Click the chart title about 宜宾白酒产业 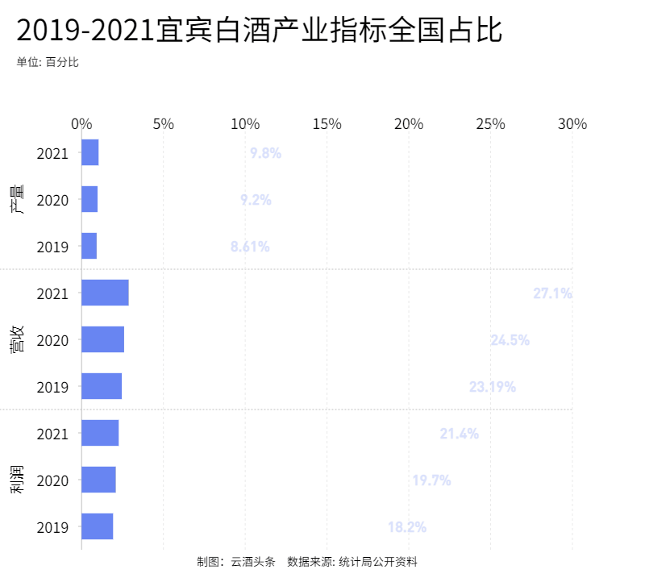(x=259, y=31)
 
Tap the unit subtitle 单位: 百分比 (x=48, y=62)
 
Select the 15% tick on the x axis (x=327, y=124)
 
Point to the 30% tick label (x=572, y=124)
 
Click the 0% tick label (x=81, y=124)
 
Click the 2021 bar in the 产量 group (x=90, y=152)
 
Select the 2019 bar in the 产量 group (x=89, y=246)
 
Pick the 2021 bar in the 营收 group (x=105, y=293)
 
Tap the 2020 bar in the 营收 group (x=102, y=339)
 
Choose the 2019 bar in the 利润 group (x=97, y=526)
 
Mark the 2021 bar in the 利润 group (x=100, y=433)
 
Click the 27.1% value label (x=552, y=293)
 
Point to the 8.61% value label (x=250, y=247)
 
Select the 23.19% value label (x=492, y=387)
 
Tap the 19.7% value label (x=431, y=480)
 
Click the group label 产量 (x=17, y=199)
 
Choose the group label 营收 (x=17, y=339)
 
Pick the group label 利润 (x=17, y=480)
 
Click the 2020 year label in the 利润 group (x=53, y=480)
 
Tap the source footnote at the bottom (x=307, y=561)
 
